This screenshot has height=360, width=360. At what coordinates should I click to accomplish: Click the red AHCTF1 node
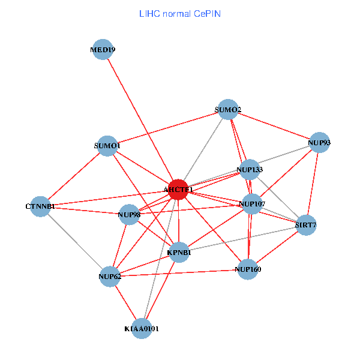178,190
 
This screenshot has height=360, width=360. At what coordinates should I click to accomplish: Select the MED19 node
103,50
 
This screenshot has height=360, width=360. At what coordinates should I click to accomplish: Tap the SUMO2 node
227,110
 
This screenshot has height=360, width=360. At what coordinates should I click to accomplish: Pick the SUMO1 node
107,146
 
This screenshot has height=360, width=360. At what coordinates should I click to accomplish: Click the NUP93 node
319,143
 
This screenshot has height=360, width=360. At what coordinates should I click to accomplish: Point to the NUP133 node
250,170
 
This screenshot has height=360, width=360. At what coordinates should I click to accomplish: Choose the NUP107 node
252,204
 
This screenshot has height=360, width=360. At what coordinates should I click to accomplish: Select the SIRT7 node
305,226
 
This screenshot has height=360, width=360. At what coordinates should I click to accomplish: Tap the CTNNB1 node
40,206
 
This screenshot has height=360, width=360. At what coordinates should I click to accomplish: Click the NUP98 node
129,214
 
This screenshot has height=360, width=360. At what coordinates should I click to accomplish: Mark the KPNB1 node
179,253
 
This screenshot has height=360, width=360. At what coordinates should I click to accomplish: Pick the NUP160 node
248,269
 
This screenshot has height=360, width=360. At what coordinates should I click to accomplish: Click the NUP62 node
109,277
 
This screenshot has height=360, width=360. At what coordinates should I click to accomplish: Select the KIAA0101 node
142,328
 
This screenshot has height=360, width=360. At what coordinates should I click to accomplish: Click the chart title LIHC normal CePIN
179,13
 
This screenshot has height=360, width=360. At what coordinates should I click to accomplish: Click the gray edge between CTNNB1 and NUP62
74,241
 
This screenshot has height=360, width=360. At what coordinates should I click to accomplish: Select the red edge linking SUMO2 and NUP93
273,126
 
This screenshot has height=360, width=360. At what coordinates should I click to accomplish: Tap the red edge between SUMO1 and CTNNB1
73,176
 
